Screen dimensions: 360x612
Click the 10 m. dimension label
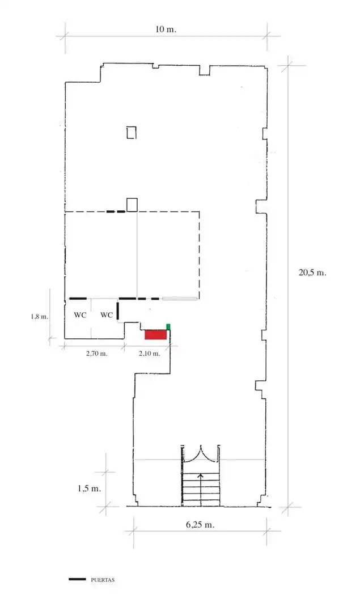[x=166, y=29]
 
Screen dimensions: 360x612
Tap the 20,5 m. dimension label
[x=312, y=273]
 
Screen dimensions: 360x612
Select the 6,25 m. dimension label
[x=200, y=525]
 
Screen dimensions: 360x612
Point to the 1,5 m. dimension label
[x=89, y=488]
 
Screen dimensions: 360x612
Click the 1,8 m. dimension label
[x=39, y=317]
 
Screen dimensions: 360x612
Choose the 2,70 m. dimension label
[x=96, y=354]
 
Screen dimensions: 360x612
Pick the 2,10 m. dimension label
[x=150, y=354]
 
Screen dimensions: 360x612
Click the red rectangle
[x=156, y=334]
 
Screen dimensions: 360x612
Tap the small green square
[x=168, y=327]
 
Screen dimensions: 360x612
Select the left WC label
[x=80, y=315]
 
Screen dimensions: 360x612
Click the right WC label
[x=107, y=315]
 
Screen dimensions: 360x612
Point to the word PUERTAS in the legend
[x=103, y=580]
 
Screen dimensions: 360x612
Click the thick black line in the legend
[x=77, y=580]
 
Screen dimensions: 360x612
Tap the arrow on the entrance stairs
[x=201, y=490]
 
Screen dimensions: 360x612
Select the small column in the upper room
[x=132, y=133]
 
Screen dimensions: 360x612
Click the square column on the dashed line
[x=132, y=205]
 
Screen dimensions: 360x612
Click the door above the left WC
[x=78, y=299]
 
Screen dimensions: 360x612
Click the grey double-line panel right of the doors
[x=180, y=299]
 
